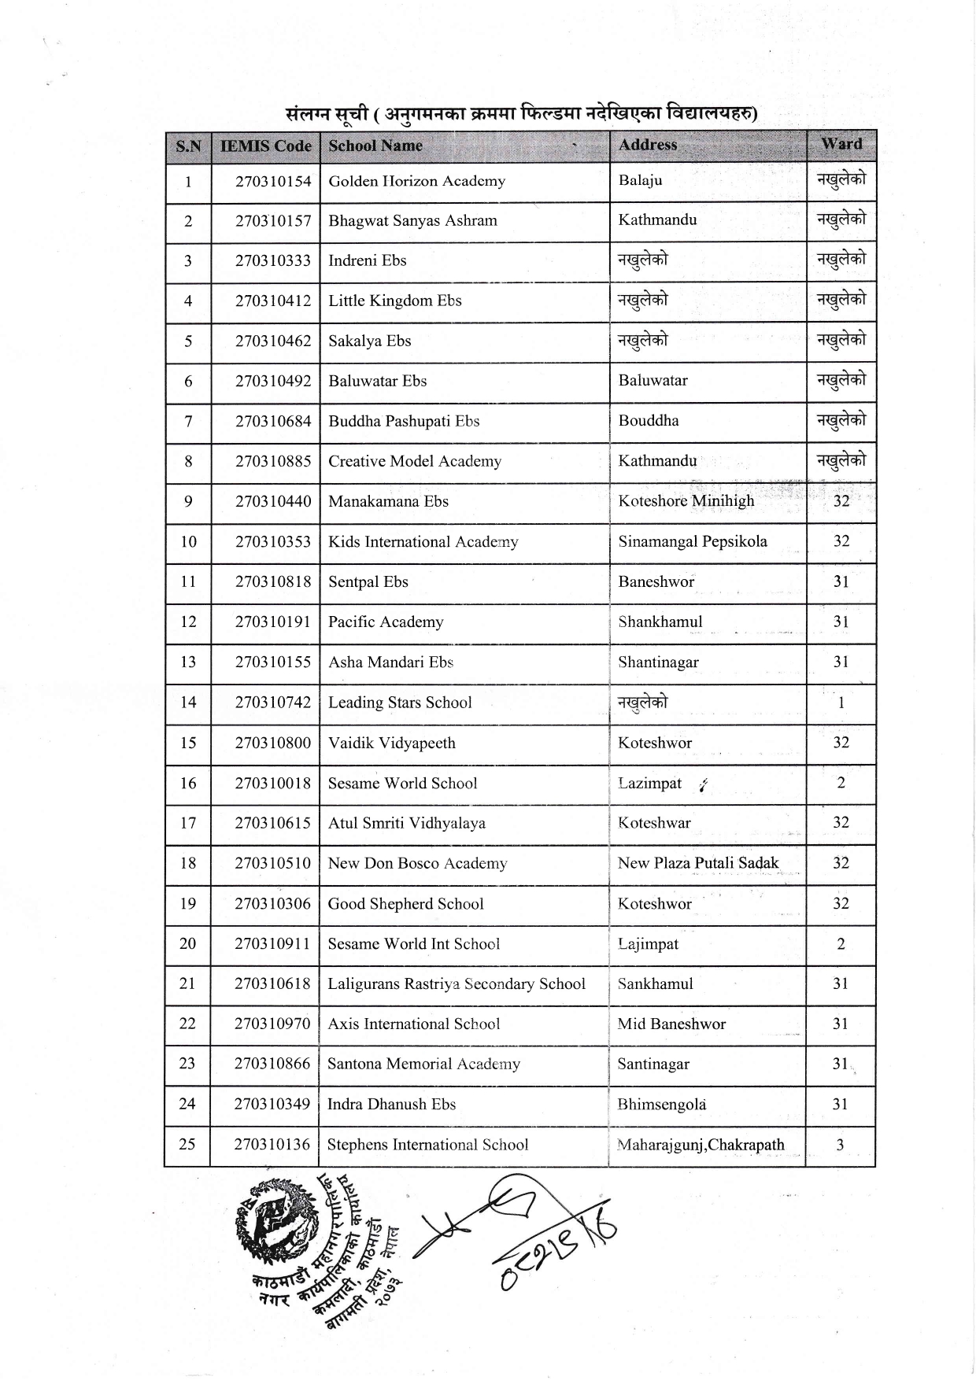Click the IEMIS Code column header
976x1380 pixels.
[x=266, y=146]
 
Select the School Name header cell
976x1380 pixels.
[x=375, y=146]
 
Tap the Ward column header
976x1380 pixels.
[x=841, y=144]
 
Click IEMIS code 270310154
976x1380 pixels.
[x=273, y=181]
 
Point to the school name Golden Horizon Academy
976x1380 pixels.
[x=416, y=181]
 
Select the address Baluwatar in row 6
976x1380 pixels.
[x=653, y=381]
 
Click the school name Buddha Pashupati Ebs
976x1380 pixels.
[x=404, y=421]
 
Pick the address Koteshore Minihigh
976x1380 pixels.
[x=686, y=501]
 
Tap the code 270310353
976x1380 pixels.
[x=273, y=541]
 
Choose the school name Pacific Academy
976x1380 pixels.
[x=386, y=622]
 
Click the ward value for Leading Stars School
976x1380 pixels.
[x=841, y=703]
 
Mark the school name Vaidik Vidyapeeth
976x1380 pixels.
[x=391, y=743]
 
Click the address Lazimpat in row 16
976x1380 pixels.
[x=650, y=783]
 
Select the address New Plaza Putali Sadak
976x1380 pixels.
[x=698, y=863]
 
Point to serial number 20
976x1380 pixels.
[x=187, y=943]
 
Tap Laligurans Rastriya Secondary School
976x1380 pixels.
[x=457, y=983]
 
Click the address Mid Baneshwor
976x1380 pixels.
[x=671, y=1024]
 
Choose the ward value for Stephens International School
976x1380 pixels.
[x=840, y=1145]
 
